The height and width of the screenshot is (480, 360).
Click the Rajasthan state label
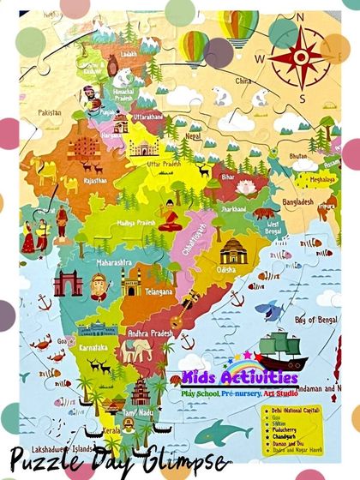point(95,181)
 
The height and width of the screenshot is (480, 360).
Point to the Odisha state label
point(226,269)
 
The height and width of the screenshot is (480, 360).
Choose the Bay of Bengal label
point(312,320)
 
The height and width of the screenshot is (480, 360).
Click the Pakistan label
point(50,112)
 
